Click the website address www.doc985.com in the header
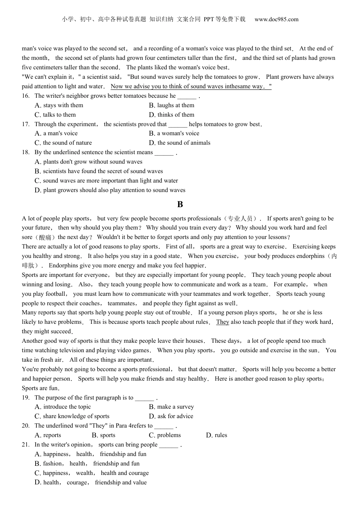276,19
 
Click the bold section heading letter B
180,205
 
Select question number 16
26,96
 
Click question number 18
26,152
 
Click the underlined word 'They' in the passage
222,322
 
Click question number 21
26,445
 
